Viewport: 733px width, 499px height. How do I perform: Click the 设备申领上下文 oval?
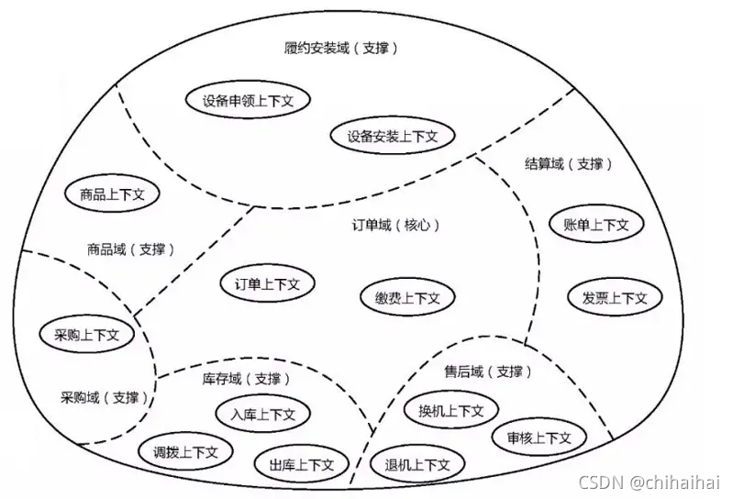tap(247, 100)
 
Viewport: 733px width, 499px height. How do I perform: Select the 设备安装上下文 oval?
tap(393, 137)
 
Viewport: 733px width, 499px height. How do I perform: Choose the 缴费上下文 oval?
tap(407, 297)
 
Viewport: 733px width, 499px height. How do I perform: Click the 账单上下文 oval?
tap(596, 224)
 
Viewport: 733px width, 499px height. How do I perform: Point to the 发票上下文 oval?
tap(614, 297)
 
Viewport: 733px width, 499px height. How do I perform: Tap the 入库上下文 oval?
tap(264, 414)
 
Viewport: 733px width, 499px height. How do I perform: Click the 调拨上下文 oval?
tap(186, 452)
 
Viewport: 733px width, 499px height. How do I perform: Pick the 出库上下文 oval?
tap(302, 464)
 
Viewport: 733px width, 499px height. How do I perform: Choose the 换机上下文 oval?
tap(450, 410)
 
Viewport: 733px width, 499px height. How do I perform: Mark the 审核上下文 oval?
tap(539, 438)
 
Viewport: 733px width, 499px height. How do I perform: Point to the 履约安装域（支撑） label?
tap(341, 48)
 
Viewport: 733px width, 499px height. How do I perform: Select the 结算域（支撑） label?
tap(568, 164)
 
